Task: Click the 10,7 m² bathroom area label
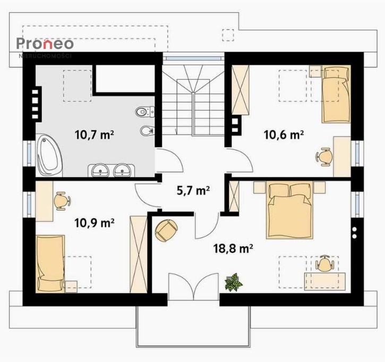pyautogui.click(x=95, y=134)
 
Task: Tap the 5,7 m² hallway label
pyautogui.click(x=193, y=190)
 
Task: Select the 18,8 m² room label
pyautogui.click(x=233, y=249)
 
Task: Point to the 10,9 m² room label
pyautogui.click(x=95, y=223)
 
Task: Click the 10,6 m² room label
pyautogui.click(x=284, y=134)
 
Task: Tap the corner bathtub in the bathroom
pyautogui.click(x=49, y=155)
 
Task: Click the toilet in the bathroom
pyautogui.click(x=144, y=111)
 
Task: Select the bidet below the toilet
pyautogui.click(x=147, y=130)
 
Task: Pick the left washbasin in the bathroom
pyautogui.click(x=100, y=170)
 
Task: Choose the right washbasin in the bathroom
pyautogui.click(x=122, y=170)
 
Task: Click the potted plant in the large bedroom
pyautogui.click(x=233, y=283)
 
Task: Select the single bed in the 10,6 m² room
pyautogui.click(x=336, y=94)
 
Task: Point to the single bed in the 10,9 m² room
pyautogui.click(x=50, y=264)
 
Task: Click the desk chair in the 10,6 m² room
pyautogui.click(x=324, y=156)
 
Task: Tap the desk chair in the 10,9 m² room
pyautogui.click(x=62, y=201)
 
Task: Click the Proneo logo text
pyautogui.click(x=45, y=44)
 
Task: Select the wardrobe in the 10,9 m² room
pyautogui.click(x=139, y=255)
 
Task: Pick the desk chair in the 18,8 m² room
pyautogui.click(x=324, y=263)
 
